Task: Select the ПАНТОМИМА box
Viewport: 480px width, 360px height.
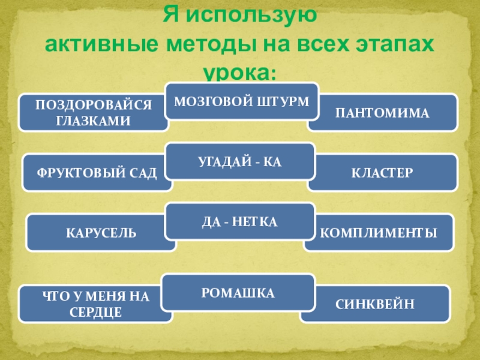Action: coord(382,112)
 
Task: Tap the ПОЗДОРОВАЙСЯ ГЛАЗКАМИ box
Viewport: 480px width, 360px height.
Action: coord(93,112)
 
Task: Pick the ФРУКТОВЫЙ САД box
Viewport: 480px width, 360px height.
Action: coord(97,173)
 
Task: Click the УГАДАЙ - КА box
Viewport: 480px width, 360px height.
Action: coord(240,161)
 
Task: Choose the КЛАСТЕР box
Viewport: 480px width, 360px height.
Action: coord(382,173)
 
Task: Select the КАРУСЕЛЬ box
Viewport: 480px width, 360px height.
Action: coord(101,233)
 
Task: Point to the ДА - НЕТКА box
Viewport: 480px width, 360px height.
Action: coord(239,222)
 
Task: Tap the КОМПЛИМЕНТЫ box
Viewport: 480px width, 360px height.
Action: coord(378,233)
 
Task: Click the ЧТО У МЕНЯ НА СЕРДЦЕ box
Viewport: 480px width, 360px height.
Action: coord(95,304)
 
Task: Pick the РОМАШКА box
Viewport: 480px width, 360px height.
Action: coord(239,293)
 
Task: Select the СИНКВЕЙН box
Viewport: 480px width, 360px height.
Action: coord(375,304)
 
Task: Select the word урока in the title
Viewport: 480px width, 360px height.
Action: coord(235,73)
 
